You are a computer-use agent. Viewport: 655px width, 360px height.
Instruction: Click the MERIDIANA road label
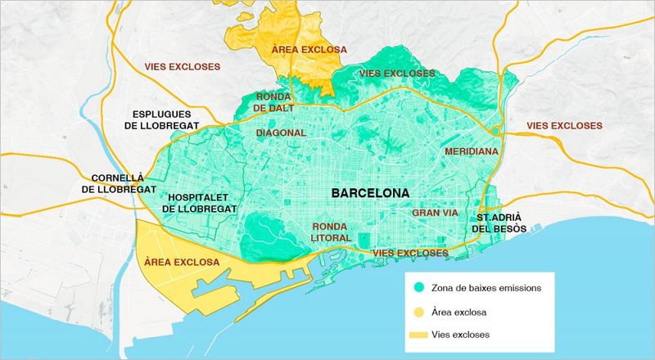click(472, 152)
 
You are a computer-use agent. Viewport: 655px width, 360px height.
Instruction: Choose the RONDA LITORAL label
click(332, 232)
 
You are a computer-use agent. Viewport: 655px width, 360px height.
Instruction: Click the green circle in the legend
click(419, 288)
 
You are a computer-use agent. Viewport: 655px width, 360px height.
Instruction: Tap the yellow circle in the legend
click(419, 312)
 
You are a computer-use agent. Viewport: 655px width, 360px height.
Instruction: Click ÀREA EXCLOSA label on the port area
click(181, 262)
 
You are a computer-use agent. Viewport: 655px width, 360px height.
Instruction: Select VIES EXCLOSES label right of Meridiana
click(565, 126)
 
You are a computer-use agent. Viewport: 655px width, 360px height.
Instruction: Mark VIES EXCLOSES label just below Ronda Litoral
click(410, 254)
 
